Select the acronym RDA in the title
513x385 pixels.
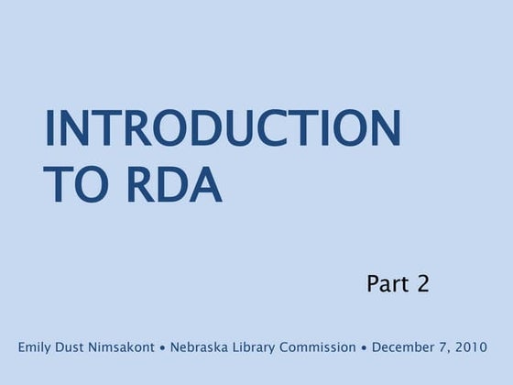172,185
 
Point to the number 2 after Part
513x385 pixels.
422,284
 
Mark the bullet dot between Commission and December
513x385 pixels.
364,349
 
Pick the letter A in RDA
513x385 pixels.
207,185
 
